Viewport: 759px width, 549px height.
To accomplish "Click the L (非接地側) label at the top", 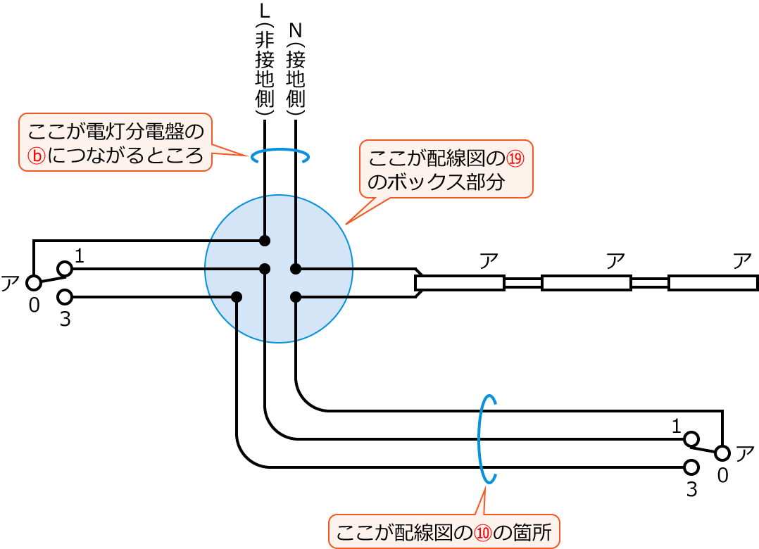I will coord(264,60).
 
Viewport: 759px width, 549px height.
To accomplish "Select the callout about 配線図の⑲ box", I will coord(446,169).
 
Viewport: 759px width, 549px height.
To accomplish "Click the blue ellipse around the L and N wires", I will coord(280,155).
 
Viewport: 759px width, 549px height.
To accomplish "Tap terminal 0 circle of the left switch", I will coord(33,283).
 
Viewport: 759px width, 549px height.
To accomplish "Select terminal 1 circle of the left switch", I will coord(65,268).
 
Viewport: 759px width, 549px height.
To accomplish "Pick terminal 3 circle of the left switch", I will coord(65,297).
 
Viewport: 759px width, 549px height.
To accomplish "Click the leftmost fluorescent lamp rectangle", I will coord(460,283).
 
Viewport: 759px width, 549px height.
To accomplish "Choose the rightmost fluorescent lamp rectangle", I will coord(713,283).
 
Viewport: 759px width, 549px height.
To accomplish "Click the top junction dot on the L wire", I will coord(265,241).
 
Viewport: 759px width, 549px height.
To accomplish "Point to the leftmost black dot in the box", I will coord(237,297).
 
